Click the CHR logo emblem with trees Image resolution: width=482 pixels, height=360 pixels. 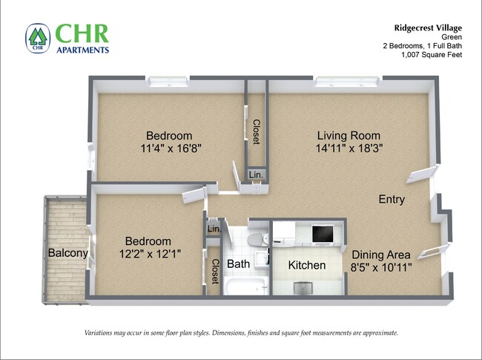[x=37, y=38]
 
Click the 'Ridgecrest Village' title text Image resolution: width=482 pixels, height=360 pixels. [x=423, y=27]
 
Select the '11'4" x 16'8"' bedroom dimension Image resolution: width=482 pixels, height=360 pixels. [x=169, y=148]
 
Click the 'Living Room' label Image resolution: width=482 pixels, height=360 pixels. [x=349, y=136]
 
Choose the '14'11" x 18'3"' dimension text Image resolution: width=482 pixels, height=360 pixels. [x=349, y=148]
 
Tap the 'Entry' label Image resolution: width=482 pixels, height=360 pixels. [x=392, y=199]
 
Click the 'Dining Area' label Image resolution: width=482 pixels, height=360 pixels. [x=381, y=254]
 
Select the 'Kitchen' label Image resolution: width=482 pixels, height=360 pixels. [x=307, y=265]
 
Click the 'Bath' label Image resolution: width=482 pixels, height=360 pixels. [x=238, y=264]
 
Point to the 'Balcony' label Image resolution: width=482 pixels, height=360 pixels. [x=68, y=253]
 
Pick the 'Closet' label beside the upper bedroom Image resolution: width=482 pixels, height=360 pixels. [x=257, y=132]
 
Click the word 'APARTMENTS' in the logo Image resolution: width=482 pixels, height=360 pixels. [x=82, y=50]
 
